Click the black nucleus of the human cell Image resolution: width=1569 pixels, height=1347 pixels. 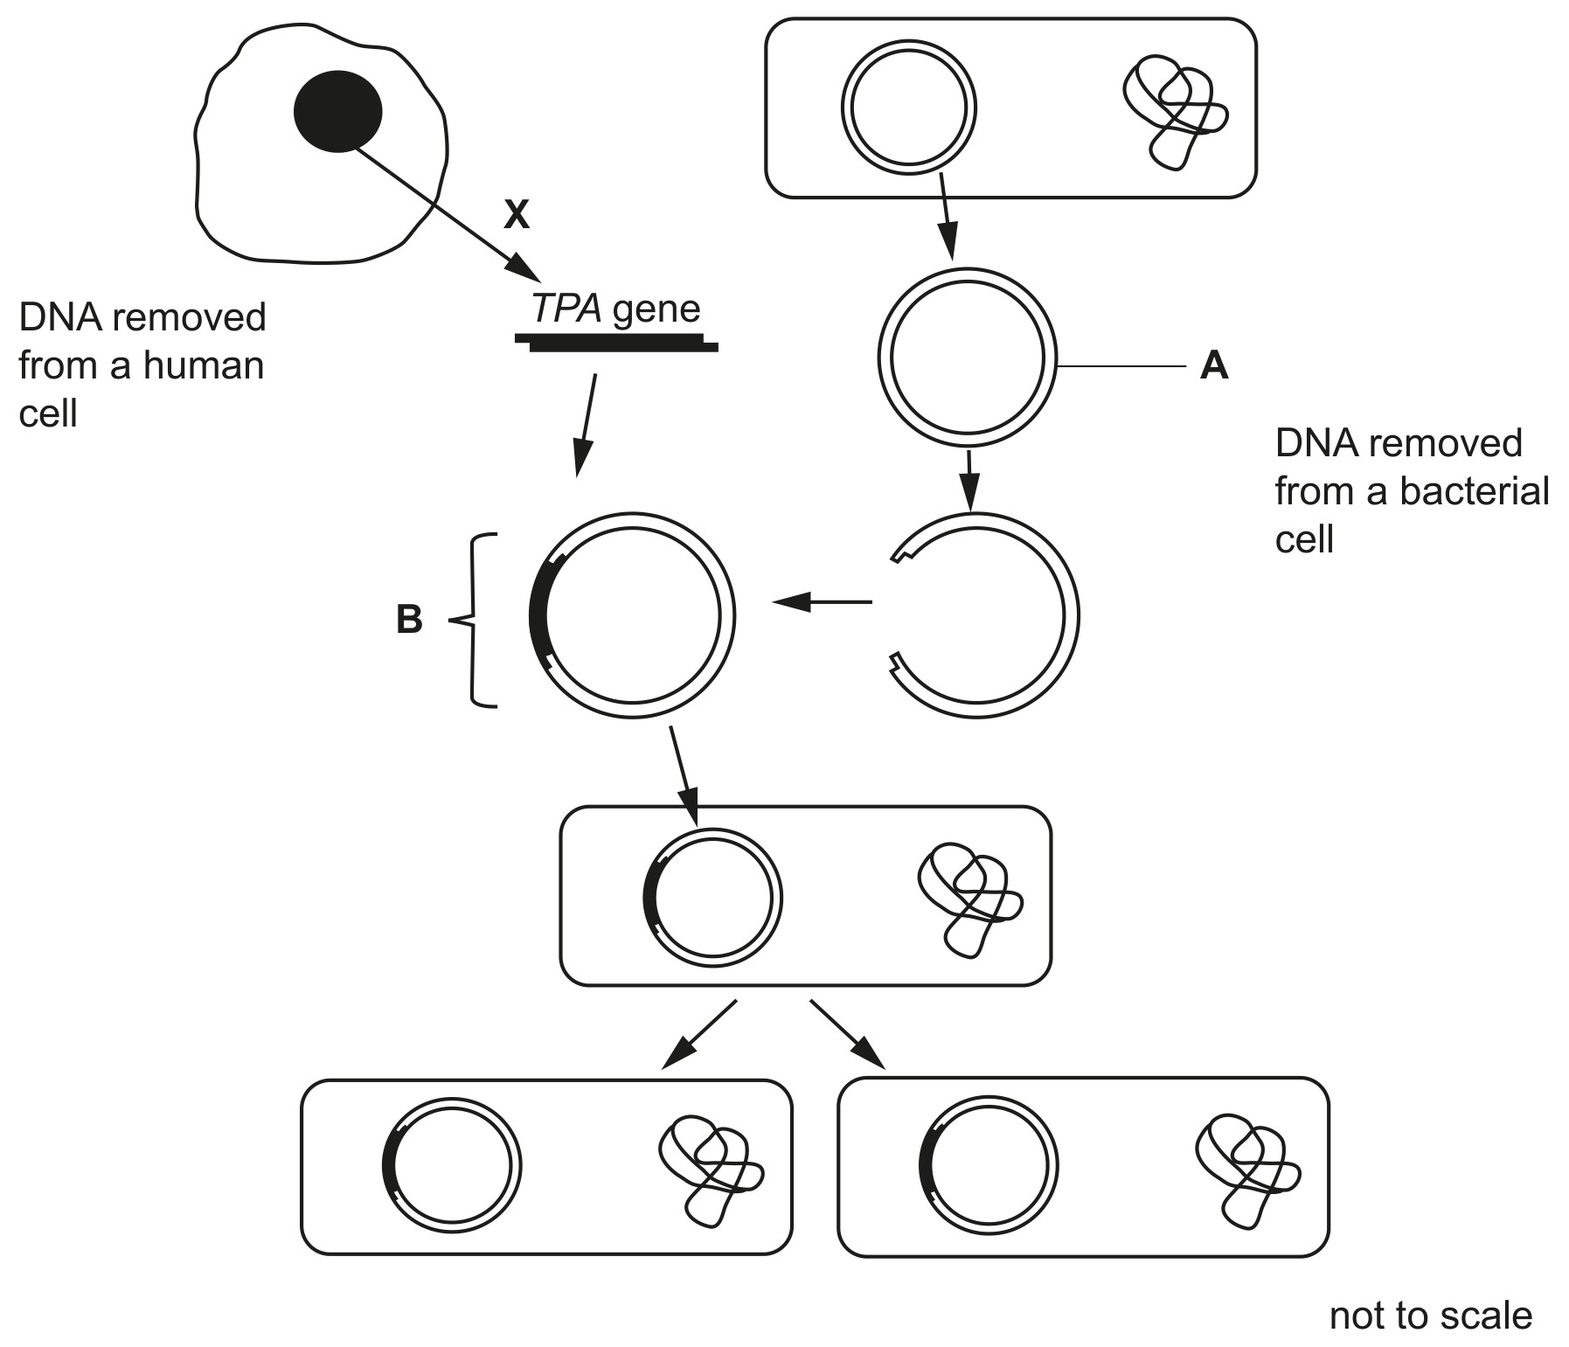point(337,111)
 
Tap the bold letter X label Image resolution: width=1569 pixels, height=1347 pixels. point(517,214)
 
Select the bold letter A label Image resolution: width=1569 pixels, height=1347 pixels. point(1215,365)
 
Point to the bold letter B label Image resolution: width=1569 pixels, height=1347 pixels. point(409,620)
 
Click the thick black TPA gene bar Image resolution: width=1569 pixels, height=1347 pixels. point(616,342)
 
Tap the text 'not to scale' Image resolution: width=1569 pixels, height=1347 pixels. point(1431,1315)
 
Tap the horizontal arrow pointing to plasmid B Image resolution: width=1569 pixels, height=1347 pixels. point(823,601)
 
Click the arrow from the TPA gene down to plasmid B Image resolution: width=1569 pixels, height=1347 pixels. point(586,426)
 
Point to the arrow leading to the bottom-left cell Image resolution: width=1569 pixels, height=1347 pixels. point(699,1034)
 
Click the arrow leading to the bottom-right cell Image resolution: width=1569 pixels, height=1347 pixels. point(848,1034)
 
